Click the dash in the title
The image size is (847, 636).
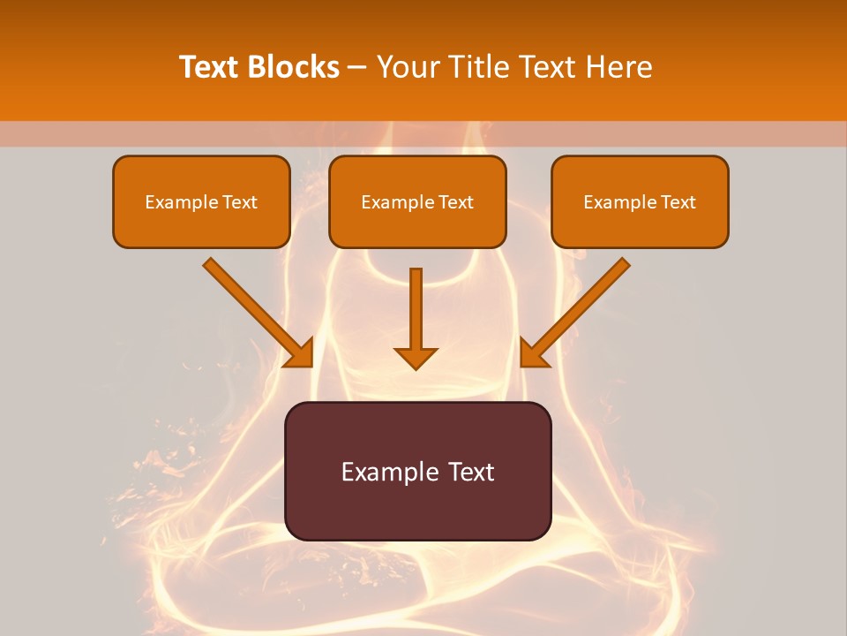pyautogui.click(x=357, y=68)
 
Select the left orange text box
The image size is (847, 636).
pyautogui.click(x=201, y=226)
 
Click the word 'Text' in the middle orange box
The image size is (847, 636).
pyautogui.click(x=456, y=202)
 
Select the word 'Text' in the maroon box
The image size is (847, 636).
pyautogui.click(x=470, y=472)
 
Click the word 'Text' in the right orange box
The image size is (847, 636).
pyautogui.click(x=678, y=202)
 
